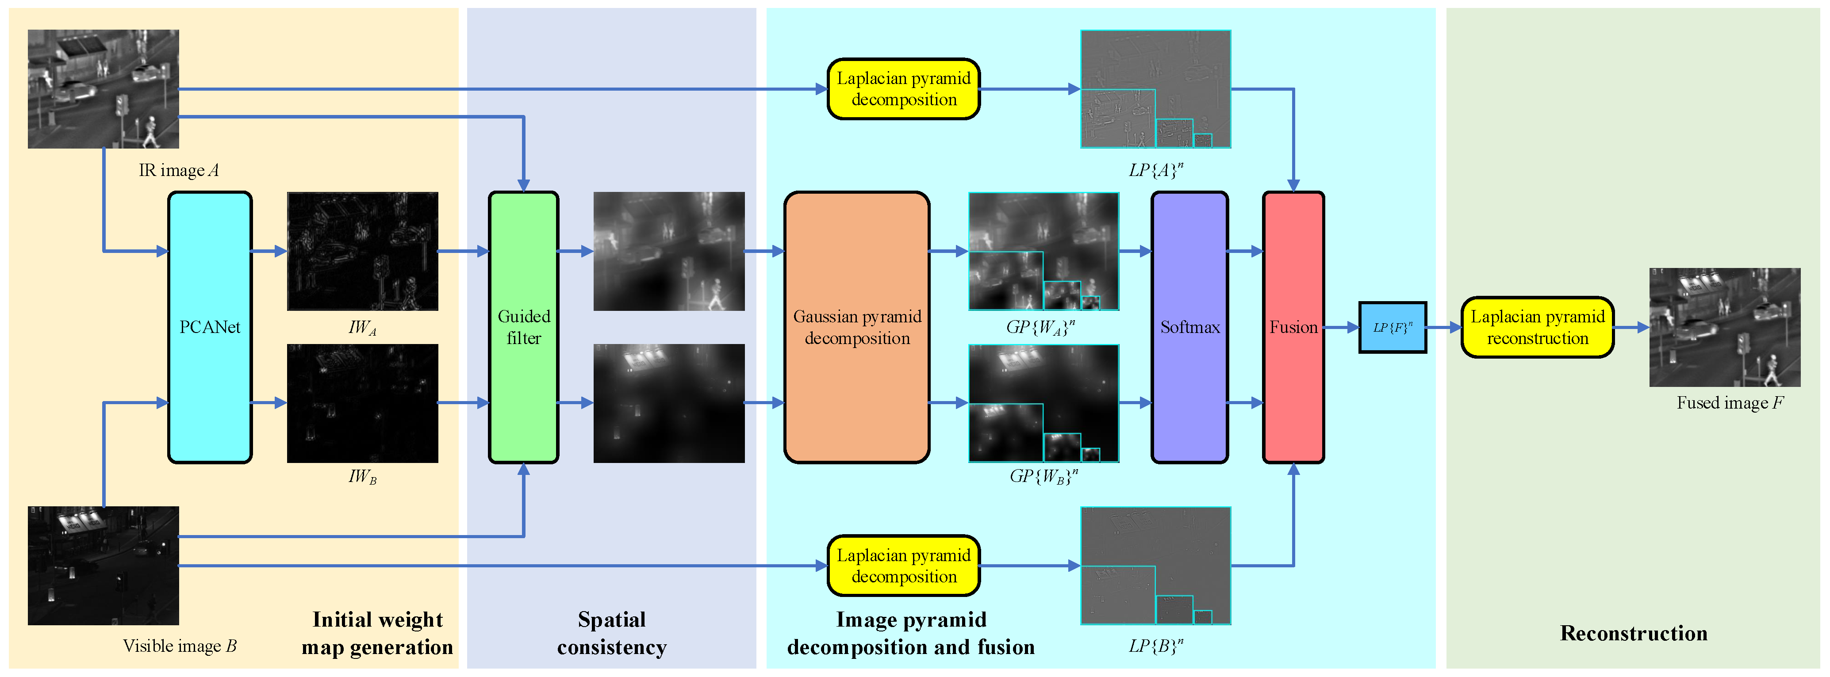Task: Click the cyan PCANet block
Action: pos(210,327)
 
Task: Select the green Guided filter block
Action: pos(524,327)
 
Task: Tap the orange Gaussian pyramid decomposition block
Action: pos(857,327)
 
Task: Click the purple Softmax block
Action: pos(1189,327)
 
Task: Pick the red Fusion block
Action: pos(1293,327)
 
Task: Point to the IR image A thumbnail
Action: pos(103,89)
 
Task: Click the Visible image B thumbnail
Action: pos(103,566)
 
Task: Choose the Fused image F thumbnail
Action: pos(1724,327)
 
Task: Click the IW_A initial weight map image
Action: pos(362,251)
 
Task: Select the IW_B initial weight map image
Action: pos(362,403)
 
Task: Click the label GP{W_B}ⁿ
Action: pos(1044,475)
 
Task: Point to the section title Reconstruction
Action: pos(1633,633)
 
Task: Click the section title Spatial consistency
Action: pos(612,633)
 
